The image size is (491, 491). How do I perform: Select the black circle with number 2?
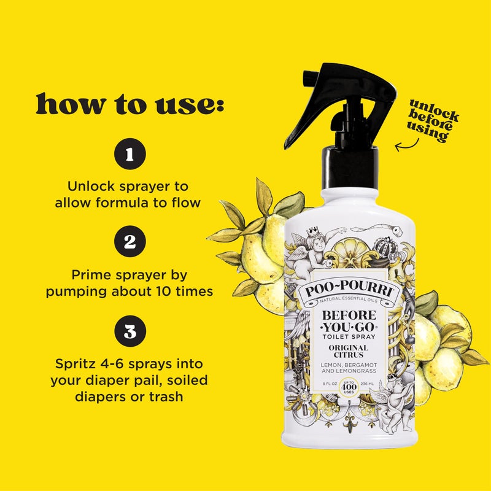click(x=130, y=243)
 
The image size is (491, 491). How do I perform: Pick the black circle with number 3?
click(x=130, y=332)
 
